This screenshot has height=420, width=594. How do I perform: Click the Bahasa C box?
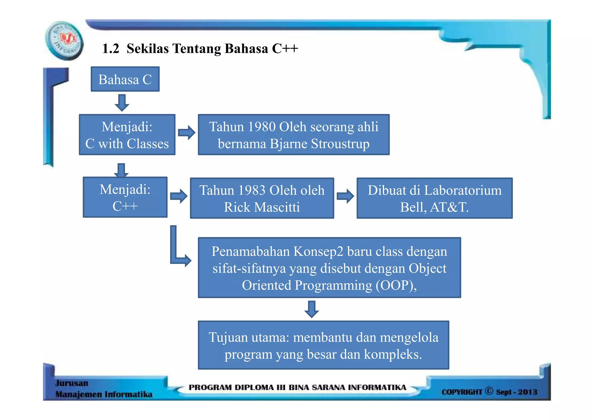click(125, 79)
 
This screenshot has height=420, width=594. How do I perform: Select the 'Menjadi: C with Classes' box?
click(127, 135)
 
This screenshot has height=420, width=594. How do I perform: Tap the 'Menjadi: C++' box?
click(125, 197)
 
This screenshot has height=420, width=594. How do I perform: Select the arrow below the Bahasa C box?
click(122, 102)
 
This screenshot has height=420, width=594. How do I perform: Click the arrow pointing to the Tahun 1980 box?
click(186, 133)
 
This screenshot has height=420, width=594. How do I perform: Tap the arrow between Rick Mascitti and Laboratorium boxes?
click(345, 196)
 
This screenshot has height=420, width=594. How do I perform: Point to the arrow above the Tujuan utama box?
click(312, 309)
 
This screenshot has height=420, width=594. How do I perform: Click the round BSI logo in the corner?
click(64, 41)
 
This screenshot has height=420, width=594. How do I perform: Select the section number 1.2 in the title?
click(111, 48)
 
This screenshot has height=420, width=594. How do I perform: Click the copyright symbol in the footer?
click(489, 391)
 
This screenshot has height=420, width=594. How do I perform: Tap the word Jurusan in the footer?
click(72, 383)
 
